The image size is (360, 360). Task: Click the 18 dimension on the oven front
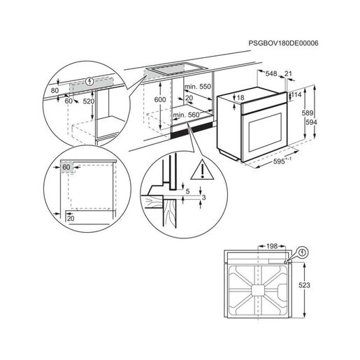point(240,98)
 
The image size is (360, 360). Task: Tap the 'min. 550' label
point(196,85)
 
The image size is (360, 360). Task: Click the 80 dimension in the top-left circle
point(55,90)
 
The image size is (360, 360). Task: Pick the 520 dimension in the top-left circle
point(89,101)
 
